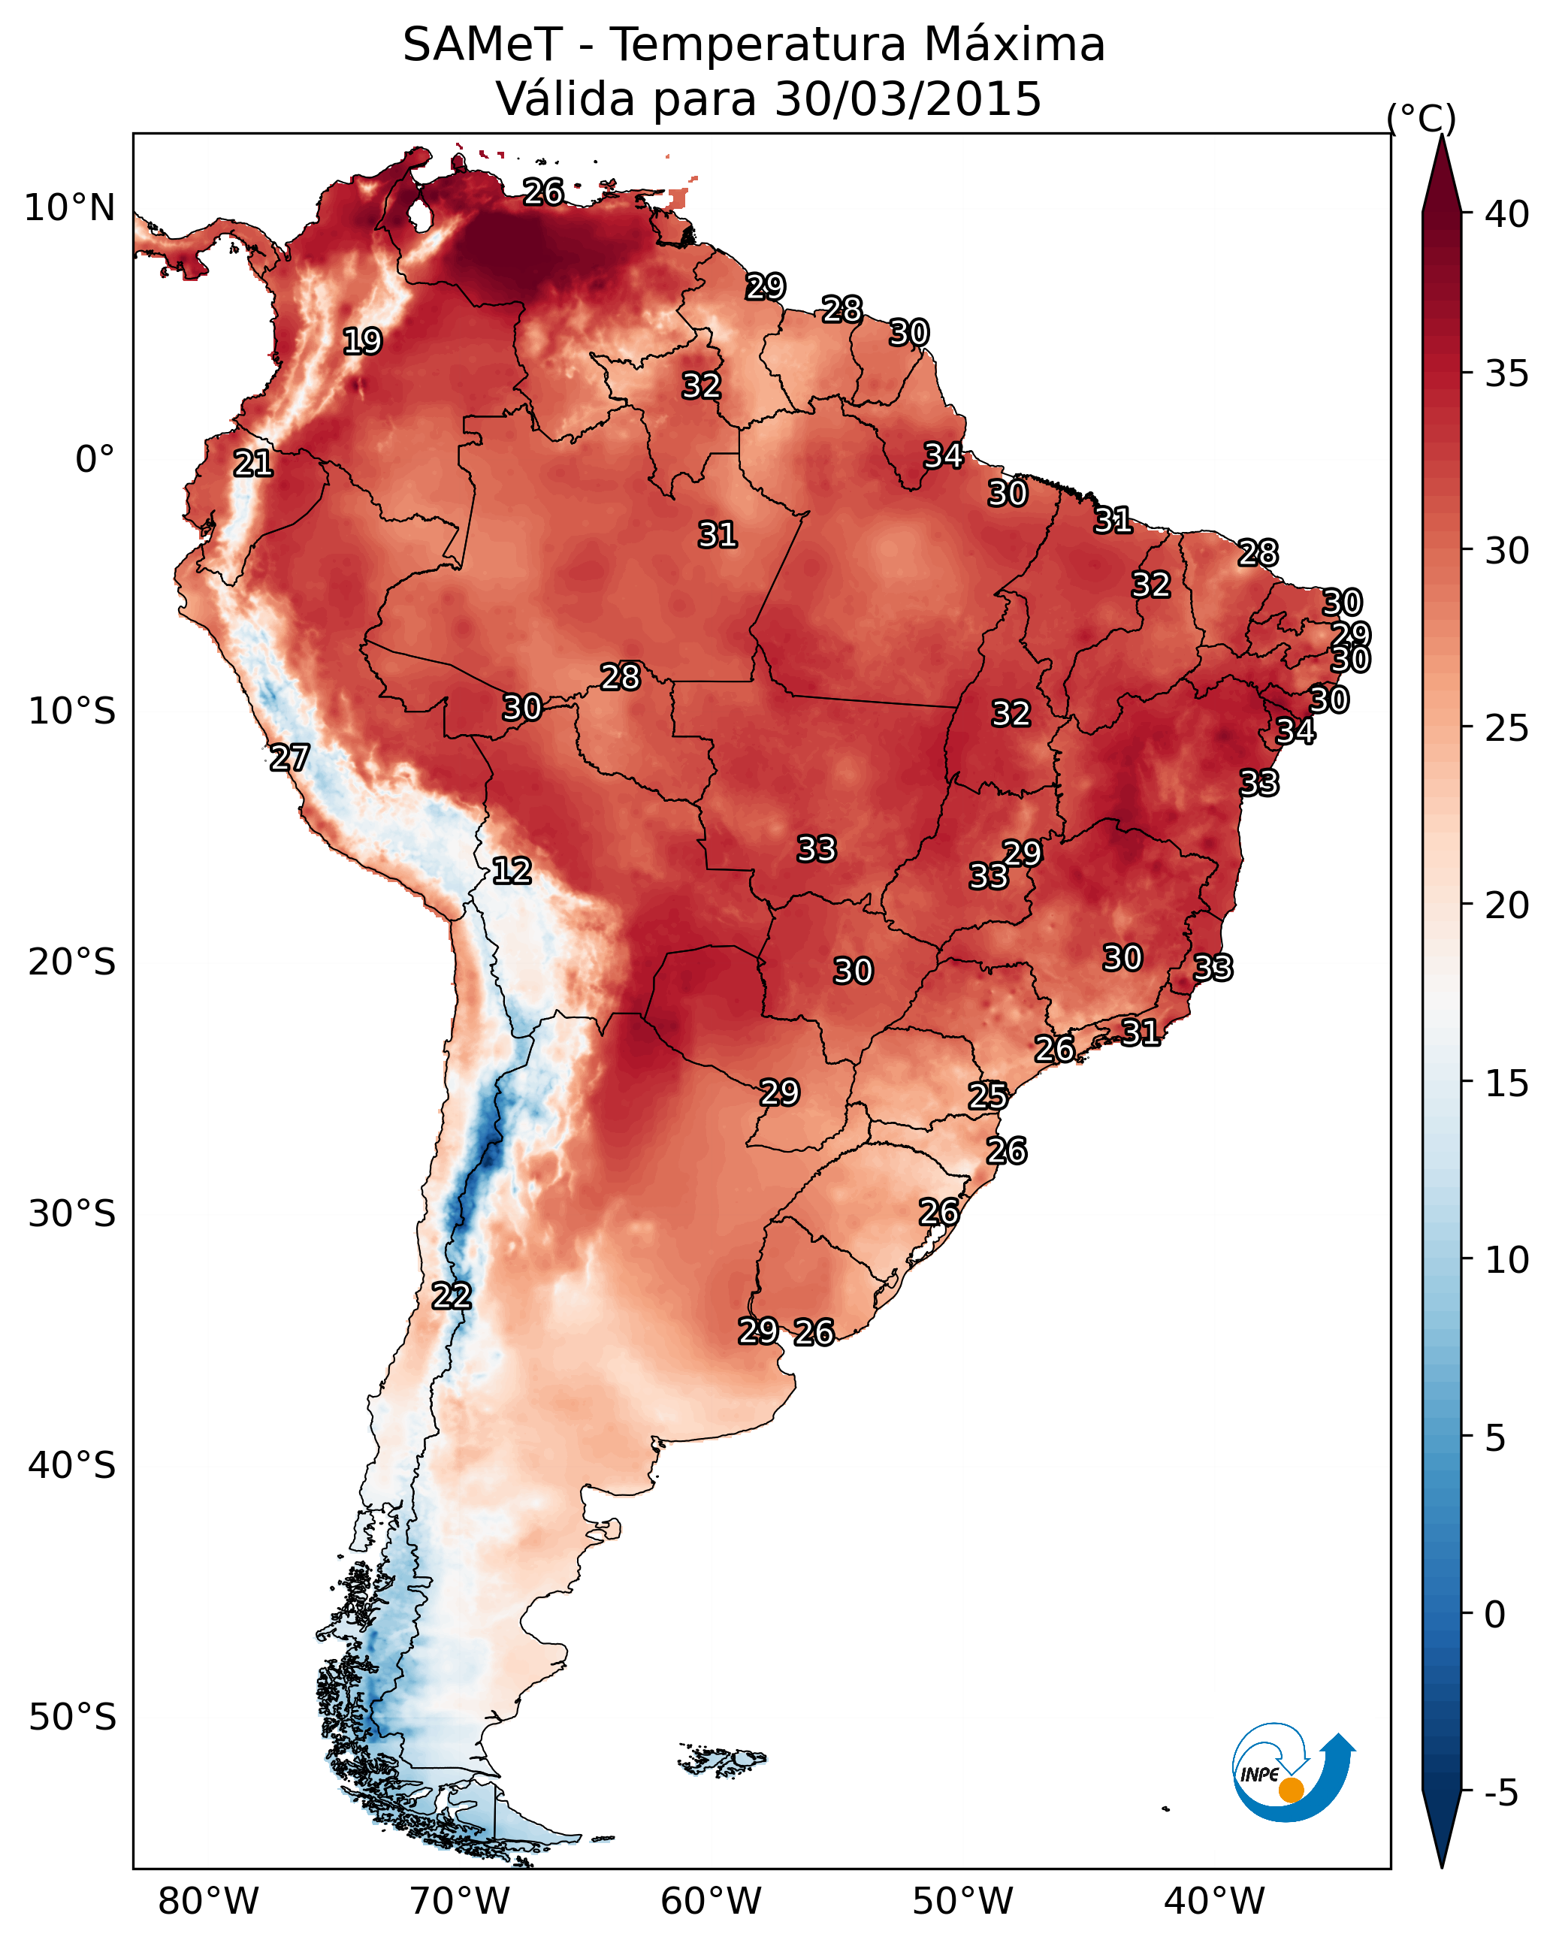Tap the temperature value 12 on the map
[512, 871]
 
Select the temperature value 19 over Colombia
[362, 342]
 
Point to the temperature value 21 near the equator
[253, 464]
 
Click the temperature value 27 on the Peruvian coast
[289, 758]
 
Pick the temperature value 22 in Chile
[452, 1296]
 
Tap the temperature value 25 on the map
[988, 1096]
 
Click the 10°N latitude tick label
[69, 208]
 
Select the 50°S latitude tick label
[72, 1717]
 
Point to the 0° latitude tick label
[95, 460]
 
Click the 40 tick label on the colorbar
[1507, 214]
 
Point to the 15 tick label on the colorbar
[1507, 1083]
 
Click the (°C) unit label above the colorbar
[1422, 118]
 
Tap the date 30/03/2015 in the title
[908, 99]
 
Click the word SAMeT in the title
[482, 45]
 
